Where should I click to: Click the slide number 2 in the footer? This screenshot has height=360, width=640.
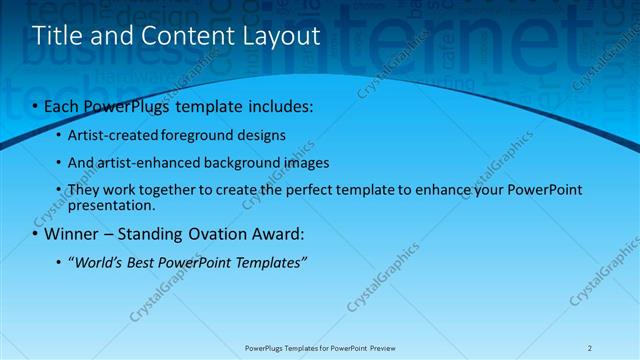(x=590, y=348)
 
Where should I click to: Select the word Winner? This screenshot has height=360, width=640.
(x=73, y=235)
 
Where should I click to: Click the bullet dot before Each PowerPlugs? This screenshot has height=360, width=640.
(x=35, y=105)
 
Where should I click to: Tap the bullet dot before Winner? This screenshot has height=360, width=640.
(x=35, y=235)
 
